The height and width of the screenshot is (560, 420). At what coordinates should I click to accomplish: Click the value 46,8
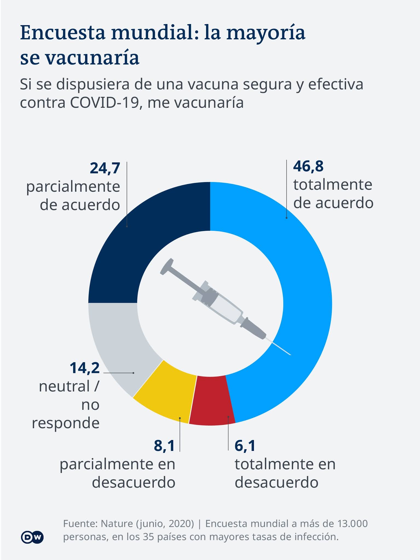(308, 166)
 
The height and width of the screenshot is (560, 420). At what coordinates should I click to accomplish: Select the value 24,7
(105, 168)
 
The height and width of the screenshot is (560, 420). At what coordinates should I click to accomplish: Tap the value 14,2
(85, 368)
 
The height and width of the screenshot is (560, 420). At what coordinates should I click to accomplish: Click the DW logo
(32, 537)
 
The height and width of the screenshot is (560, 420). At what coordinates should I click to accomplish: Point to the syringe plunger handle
(167, 266)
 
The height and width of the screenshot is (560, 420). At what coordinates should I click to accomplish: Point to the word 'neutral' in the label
(65, 387)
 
